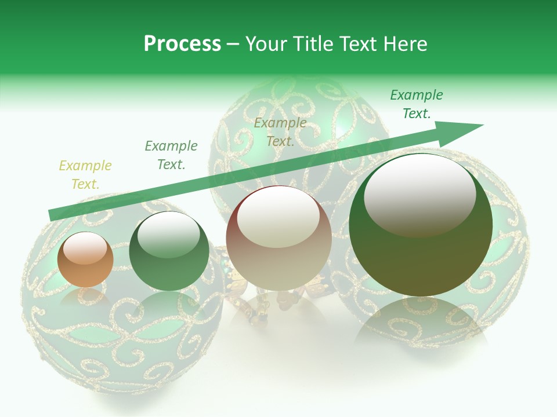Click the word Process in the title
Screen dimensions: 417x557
(x=182, y=44)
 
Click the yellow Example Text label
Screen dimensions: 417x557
(x=85, y=174)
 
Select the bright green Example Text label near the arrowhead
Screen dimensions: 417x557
(x=417, y=104)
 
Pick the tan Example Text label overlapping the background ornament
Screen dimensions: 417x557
(x=280, y=131)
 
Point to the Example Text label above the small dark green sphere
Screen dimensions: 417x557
(x=171, y=155)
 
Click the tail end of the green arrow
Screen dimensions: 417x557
(x=51, y=215)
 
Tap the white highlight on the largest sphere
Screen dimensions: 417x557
(x=419, y=194)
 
